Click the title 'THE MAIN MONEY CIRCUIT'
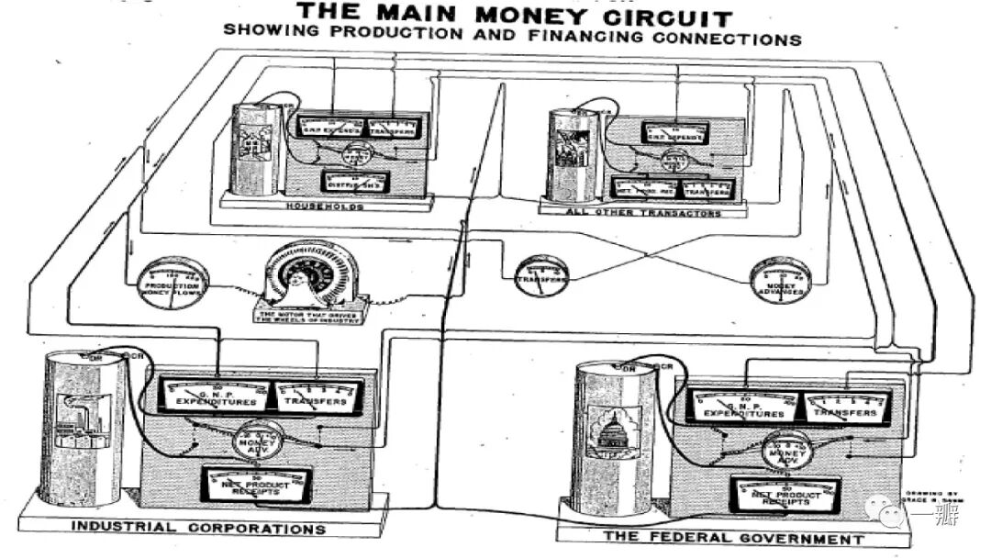click(517, 16)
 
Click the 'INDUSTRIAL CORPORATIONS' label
click(198, 528)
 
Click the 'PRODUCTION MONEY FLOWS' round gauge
click(173, 280)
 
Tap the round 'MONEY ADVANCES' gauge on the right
click(781, 280)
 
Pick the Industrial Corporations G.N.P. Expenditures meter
click(213, 395)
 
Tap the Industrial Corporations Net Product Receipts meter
click(256, 484)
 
